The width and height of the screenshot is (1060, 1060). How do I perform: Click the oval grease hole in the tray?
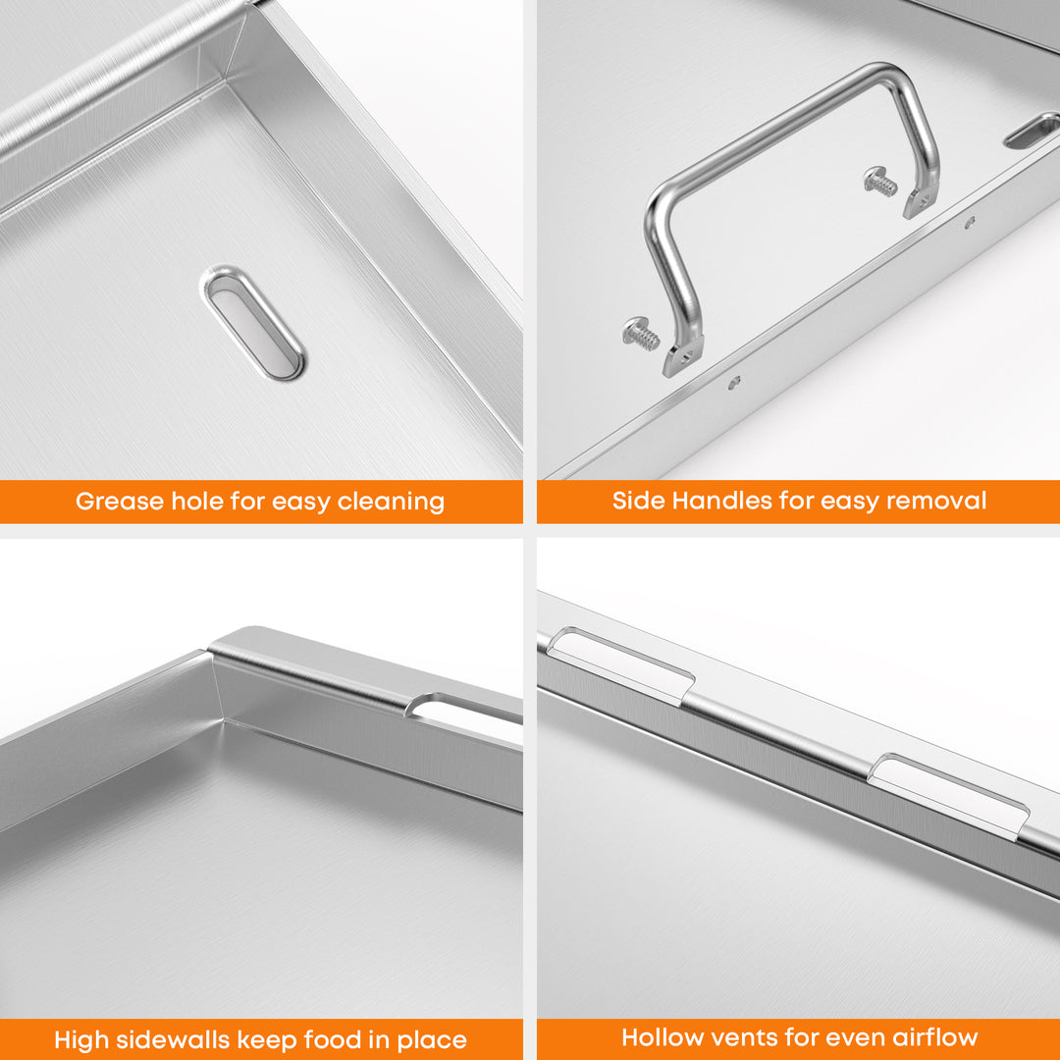253,323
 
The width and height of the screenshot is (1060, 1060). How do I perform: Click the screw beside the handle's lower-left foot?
640,334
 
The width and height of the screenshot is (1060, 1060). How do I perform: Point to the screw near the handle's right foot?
880,182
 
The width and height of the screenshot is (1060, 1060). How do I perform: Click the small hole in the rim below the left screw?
733,383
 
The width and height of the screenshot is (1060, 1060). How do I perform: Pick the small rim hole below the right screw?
970,221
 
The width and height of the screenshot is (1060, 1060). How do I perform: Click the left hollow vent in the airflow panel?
620,665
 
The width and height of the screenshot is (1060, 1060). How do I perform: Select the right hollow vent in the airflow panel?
948,796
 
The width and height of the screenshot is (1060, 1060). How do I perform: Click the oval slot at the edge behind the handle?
1033,131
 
